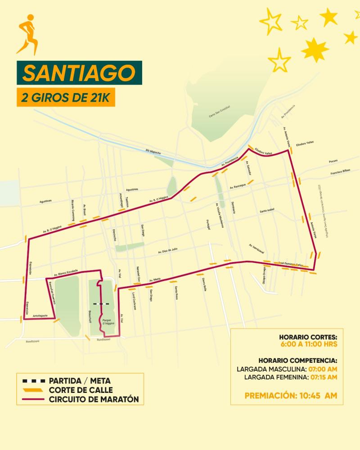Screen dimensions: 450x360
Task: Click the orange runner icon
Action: click(27, 34)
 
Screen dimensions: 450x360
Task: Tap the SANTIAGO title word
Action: click(79, 73)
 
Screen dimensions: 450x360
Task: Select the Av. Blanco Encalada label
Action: click(66, 272)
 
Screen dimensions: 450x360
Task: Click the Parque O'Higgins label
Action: click(108, 322)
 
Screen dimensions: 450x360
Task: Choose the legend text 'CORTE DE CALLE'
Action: click(81, 390)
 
